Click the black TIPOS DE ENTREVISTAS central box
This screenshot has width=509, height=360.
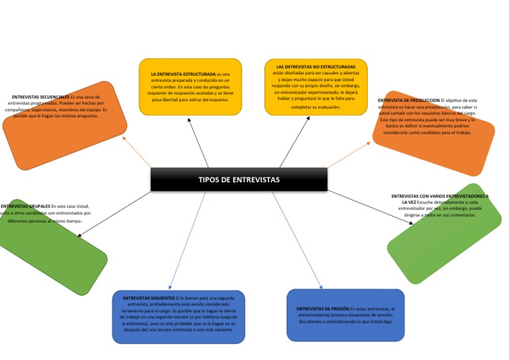point(239,180)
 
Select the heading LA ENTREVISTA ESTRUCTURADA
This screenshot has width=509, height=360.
point(183,74)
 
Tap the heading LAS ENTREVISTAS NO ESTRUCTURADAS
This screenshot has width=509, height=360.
point(315,67)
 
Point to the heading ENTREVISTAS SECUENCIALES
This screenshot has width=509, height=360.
point(40,97)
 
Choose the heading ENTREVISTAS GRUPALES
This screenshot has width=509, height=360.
point(25,206)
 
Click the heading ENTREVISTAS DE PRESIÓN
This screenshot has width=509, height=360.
point(323,308)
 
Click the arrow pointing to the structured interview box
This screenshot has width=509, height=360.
point(198,143)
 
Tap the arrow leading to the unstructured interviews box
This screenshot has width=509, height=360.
point(295,142)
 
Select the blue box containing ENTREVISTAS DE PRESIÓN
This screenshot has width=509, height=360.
point(345,316)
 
